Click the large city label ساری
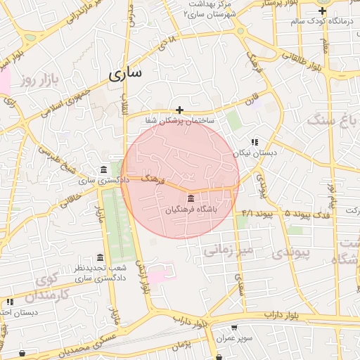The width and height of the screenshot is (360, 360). click(125, 72)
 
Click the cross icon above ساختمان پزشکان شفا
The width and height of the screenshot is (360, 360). click(180, 110)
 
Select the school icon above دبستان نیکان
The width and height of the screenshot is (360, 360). click(255, 142)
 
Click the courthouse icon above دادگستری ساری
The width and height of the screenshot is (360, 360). click(104, 170)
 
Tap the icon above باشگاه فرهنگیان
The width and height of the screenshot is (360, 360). click(191, 200)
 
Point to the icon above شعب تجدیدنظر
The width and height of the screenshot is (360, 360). click(100, 257)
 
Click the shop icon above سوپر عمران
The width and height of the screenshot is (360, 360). click(235, 328)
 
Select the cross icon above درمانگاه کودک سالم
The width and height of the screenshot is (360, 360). click(322, 11)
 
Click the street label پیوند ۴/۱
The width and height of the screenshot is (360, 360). click(257, 212)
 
